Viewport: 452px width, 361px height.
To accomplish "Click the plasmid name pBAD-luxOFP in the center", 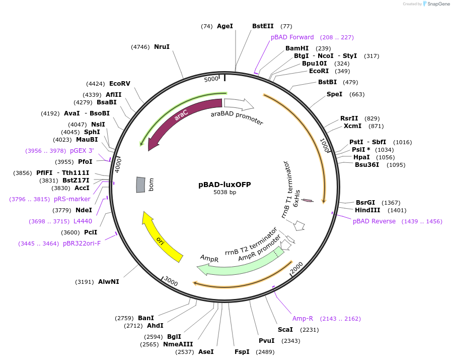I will point(224,185).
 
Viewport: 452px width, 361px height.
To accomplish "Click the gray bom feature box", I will point(140,185).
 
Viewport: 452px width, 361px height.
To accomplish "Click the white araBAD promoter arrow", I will point(239,104).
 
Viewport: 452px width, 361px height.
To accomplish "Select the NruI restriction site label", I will point(162,47).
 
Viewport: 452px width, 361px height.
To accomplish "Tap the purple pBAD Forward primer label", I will point(292,37).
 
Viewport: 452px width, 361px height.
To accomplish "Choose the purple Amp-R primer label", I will point(303,319).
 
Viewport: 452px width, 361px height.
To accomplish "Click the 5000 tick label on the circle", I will point(211,79).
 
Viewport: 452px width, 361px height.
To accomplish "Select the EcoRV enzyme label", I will point(120,84).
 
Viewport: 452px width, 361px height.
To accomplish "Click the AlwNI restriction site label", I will point(109,282).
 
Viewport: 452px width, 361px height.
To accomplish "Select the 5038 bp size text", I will point(224,192).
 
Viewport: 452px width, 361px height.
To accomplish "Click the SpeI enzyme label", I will point(334,94).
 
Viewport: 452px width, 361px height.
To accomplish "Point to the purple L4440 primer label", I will point(83,221).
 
